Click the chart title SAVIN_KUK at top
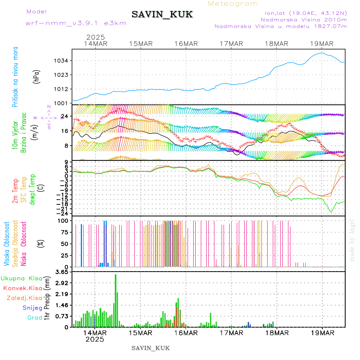[162, 15]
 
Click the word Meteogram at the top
[233, 4]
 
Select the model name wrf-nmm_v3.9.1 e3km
[76, 23]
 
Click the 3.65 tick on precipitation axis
[62, 272]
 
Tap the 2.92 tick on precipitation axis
[62, 283]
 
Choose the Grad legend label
[35, 318]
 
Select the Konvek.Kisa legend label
[22, 288]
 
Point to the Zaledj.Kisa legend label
[24, 298]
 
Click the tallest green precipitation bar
[116, 300]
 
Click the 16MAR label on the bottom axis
[186, 332]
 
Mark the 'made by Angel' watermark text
[352, 240]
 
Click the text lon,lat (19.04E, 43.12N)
[303, 13]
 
